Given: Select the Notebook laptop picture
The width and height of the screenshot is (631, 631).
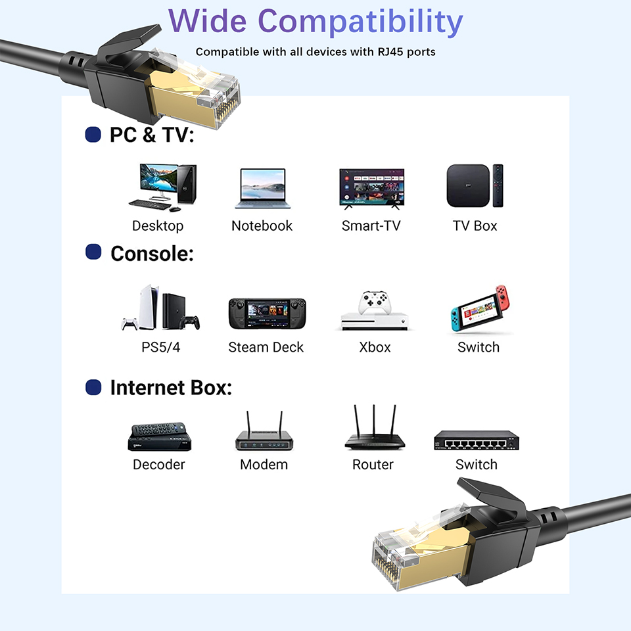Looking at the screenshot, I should pyautogui.click(x=262, y=189).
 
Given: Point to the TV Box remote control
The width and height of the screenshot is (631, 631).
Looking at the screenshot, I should pyautogui.click(x=498, y=185).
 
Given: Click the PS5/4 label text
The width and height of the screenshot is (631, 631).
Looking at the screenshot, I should pyautogui.click(x=160, y=347).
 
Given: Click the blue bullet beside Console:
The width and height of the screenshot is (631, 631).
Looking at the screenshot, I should pyautogui.click(x=93, y=252).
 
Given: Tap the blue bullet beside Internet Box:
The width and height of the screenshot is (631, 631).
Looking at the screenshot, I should pyautogui.click(x=93, y=387).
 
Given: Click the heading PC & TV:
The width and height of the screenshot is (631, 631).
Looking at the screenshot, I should pyautogui.click(x=152, y=135).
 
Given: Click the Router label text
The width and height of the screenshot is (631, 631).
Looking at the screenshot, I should pyautogui.click(x=373, y=465).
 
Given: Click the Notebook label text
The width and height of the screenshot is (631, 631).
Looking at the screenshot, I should pyautogui.click(x=262, y=226).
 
